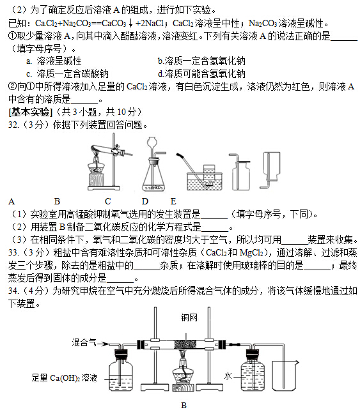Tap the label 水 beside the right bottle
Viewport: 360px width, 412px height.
(228, 376)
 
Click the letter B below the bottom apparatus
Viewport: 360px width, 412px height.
(184, 405)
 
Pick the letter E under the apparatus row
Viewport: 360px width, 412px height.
(173, 202)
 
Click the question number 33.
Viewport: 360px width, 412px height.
(14, 252)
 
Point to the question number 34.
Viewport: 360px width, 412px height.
(14, 291)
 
